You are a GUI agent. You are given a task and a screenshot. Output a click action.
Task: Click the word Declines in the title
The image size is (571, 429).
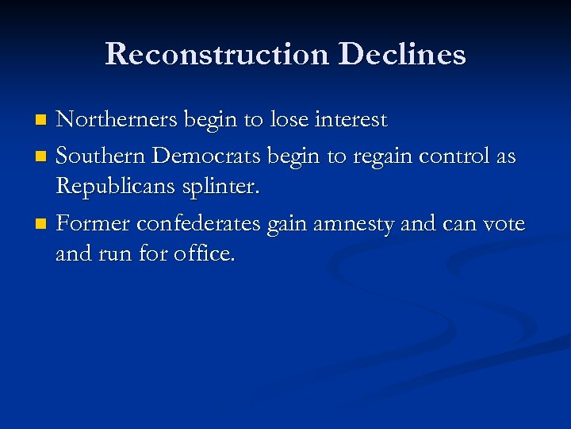pyautogui.click(x=402, y=54)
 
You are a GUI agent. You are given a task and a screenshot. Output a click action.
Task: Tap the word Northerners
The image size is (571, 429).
pyautogui.click(x=117, y=120)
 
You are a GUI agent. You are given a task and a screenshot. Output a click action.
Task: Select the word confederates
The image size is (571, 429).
pyautogui.click(x=198, y=225)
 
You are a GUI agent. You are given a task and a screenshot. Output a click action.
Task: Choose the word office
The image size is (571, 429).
pyautogui.click(x=205, y=257)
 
